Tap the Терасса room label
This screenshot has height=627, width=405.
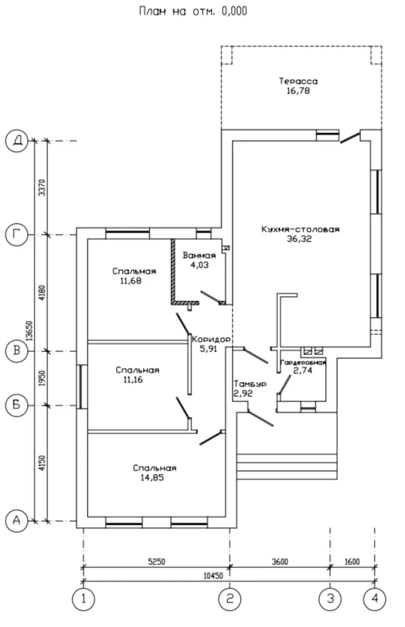coord(298,81)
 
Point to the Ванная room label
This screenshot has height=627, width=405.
coord(199,255)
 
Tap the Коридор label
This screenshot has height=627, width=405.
coord(212,339)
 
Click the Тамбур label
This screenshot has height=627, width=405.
coord(249,384)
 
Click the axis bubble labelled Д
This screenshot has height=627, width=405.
coord(17,140)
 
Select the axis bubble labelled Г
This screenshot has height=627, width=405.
coord(17,235)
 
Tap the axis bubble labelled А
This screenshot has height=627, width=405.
coord(17,520)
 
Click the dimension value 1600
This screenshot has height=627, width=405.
coord(352,561)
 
